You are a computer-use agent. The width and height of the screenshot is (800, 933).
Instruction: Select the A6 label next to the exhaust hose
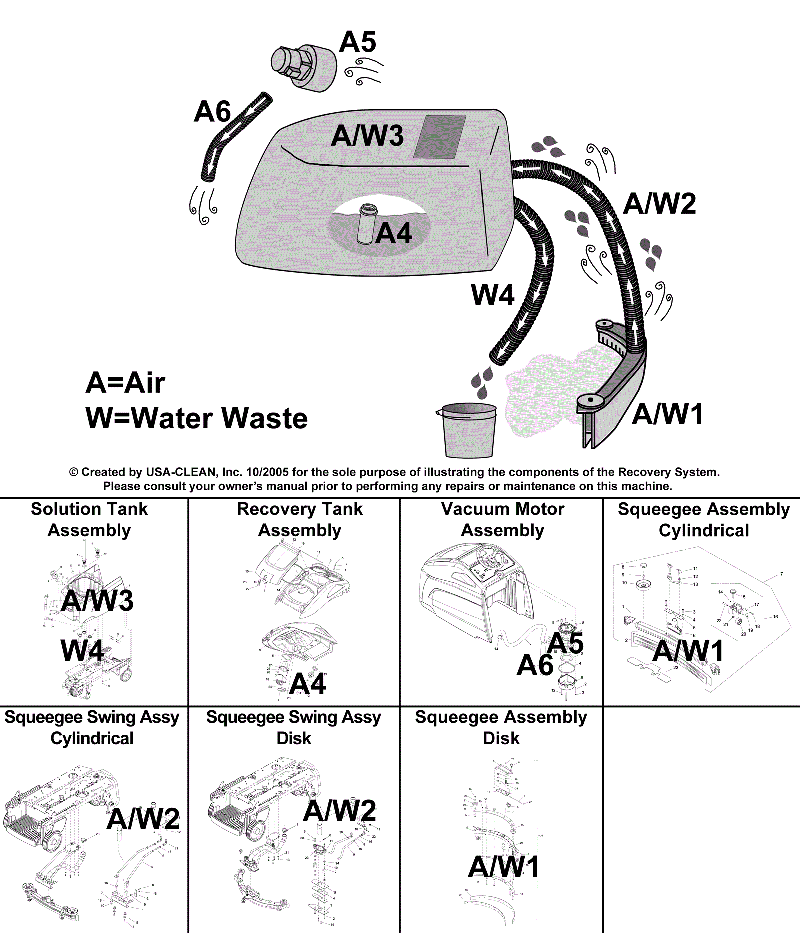[212, 111]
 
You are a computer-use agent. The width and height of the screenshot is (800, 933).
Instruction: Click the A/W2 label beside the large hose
[660, 204]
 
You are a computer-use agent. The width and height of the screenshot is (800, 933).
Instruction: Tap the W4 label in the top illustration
[493, 295]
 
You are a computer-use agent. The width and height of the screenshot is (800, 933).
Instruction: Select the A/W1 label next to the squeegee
[668, 414]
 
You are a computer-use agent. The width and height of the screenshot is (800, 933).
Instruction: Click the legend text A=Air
[125, 383]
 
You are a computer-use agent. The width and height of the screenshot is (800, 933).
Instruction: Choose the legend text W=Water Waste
[197, 418]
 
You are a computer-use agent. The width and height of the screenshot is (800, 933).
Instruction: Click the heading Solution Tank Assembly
[89, 519]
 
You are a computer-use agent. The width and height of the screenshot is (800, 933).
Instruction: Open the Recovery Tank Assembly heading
[300, 519]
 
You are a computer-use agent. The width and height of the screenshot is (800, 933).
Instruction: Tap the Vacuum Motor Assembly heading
[503, 519]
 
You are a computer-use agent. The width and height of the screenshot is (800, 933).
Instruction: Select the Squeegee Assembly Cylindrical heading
[704, 519]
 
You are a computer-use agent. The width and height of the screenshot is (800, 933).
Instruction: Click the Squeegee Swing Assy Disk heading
[294, 727]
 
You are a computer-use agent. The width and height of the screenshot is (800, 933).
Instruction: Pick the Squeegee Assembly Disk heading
[501, 727]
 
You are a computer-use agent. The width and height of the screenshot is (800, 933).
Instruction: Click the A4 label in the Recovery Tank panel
[308, 683]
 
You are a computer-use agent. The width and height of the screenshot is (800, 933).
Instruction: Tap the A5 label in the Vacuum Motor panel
[566, 643]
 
